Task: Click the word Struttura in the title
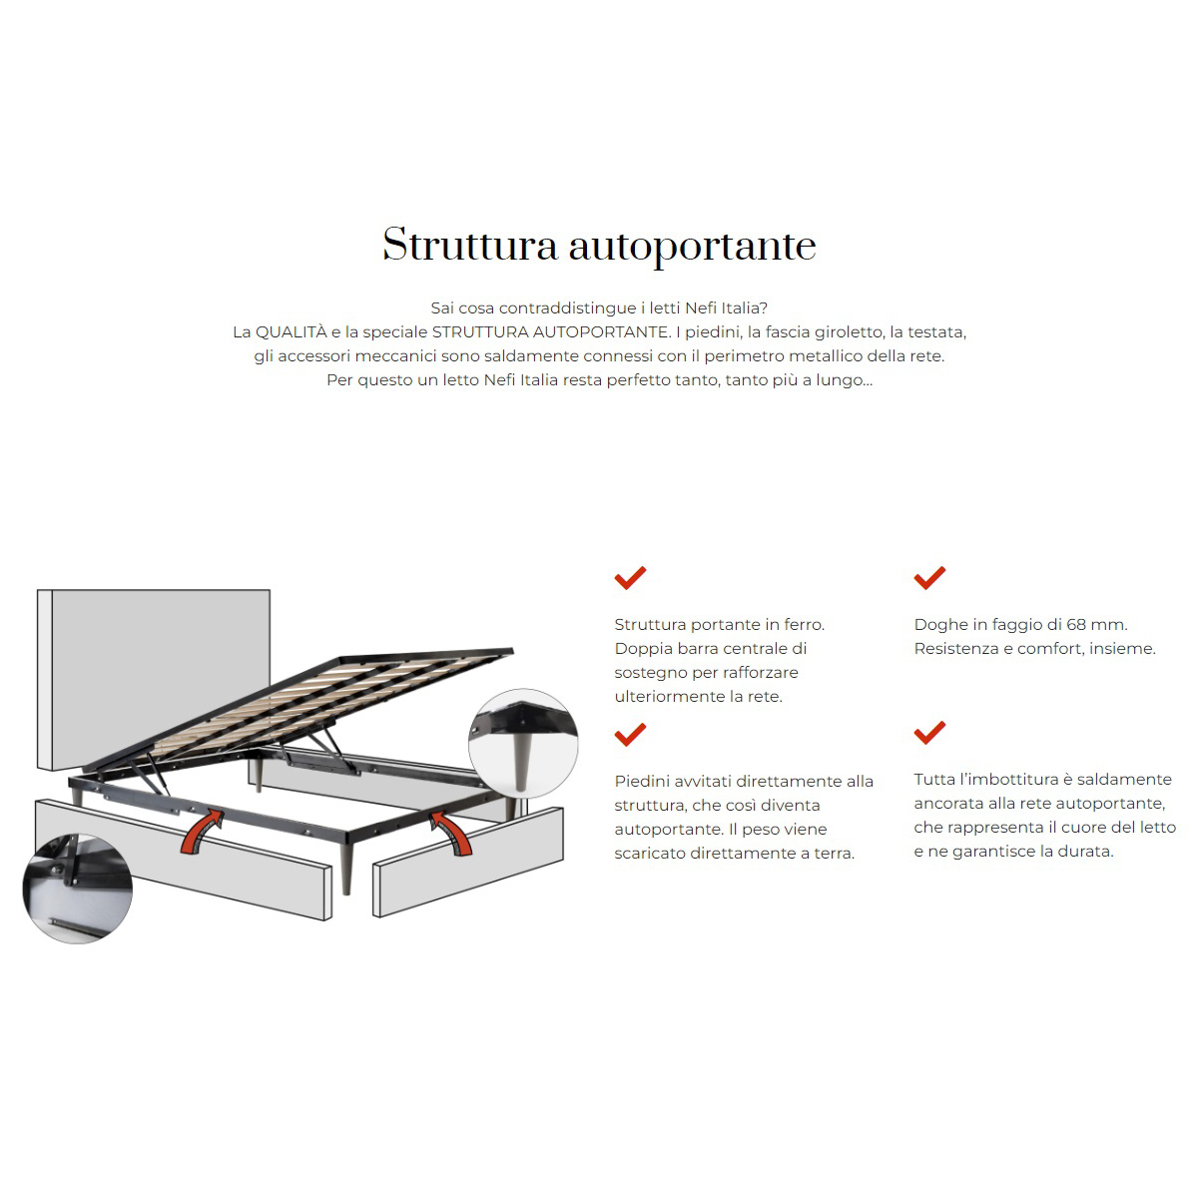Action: [x=470, y=245]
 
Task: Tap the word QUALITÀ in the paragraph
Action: [x=291, y=332]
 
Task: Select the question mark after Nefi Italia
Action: [x=764, y=307]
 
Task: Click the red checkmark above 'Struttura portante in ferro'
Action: [x=630, y=578]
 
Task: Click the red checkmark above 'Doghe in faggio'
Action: [x=929, y=578]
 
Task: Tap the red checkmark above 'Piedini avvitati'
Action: [x=630, y=734]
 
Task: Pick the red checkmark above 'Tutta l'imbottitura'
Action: [x=929, y=733]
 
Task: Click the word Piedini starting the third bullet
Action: [x=640, y=781]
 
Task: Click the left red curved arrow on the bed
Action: [x=201, y=832]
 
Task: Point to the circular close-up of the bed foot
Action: [x=523, y=743]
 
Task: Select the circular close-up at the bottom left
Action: [x=77, y=889]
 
